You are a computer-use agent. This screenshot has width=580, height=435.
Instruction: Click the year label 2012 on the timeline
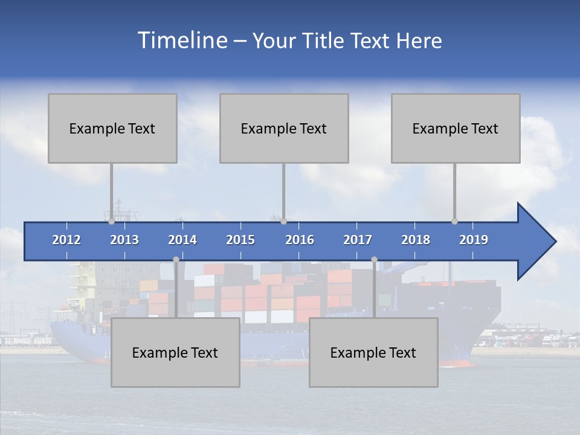66,240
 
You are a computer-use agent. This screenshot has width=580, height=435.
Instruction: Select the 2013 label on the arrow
124,240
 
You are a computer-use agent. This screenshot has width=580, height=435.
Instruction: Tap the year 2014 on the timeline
182,240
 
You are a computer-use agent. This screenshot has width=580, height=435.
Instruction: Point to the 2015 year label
240,240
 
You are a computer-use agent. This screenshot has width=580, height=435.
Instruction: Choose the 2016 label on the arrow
300,240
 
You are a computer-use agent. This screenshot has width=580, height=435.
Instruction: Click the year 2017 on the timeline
358,240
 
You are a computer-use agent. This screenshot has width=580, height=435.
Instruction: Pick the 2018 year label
416,240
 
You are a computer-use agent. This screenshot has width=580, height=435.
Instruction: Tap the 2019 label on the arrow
474,240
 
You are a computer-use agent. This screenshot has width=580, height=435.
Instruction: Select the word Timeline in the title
181,40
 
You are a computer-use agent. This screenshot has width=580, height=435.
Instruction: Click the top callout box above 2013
112,128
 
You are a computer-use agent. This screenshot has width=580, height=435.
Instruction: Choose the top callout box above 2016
284,128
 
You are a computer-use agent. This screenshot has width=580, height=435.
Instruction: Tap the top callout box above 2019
456,128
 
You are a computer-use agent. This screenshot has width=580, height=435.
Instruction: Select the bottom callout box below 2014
175,352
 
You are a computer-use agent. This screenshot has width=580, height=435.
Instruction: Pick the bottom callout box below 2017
373,352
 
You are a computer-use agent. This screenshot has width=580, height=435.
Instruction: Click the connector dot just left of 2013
111,222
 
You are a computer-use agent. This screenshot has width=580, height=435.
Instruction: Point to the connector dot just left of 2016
283,222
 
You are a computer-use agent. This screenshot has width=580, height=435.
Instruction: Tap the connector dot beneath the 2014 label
176,259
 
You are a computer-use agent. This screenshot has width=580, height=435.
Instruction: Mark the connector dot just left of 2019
454,222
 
